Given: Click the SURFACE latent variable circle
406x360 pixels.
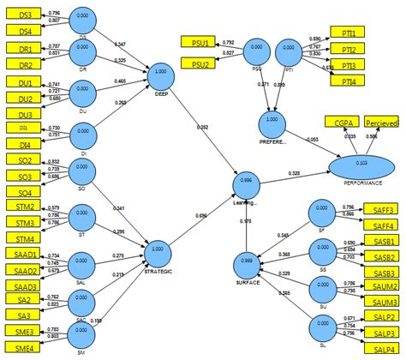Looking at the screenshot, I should [x=247, y=261].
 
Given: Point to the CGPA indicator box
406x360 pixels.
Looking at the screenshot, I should [x=342, y=124].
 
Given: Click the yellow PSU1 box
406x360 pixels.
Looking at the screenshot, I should [x=202, y=41].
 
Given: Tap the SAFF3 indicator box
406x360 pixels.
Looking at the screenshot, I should [x=383, y=208].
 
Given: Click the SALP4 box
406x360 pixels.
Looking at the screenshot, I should [x=383, y=349].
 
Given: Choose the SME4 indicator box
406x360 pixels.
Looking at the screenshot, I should [x=24, y=348].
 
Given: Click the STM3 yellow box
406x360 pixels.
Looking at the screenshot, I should [x=25, y=223].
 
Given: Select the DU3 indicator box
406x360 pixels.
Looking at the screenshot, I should [x=25, y=114].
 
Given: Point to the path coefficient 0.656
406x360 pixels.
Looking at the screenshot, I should [x=200, y=217].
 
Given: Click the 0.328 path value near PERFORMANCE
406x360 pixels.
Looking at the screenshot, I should [x=295, y=174].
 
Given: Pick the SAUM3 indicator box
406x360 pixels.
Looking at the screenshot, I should [x=383, y=302].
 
